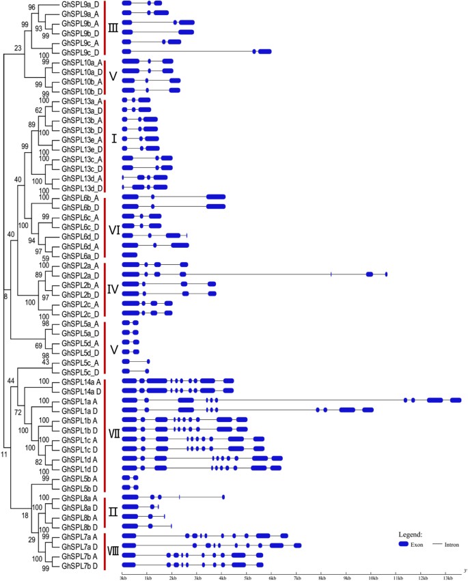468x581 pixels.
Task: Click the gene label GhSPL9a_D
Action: [80, 3]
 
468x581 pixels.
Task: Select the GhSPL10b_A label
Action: [81, 81]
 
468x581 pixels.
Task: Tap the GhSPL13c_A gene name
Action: [81, 158]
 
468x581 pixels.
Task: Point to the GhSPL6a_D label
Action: [80, 255]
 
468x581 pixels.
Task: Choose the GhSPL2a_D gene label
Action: [80, 274]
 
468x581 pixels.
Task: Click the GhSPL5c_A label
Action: [80, 361]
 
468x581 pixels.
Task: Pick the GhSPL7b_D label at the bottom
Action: [80, 565]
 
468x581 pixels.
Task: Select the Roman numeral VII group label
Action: [115, 433]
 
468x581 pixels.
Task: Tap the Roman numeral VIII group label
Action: [115, 550]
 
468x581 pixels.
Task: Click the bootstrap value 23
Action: [18, 48]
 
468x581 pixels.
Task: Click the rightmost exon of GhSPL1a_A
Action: [456, 400]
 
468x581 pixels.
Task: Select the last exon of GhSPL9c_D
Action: [264, 51]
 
